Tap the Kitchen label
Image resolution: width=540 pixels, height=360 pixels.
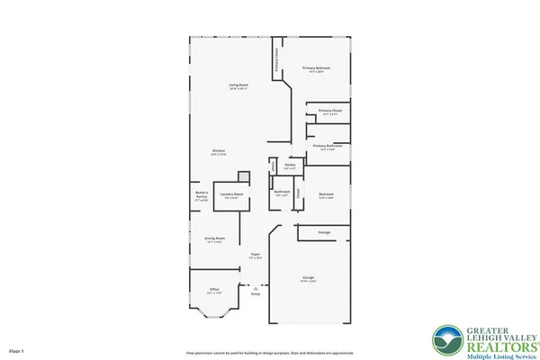coord(219,150)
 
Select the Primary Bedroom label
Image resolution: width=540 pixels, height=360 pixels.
coord(316,68)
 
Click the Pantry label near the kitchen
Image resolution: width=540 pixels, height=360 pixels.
coord(290,166)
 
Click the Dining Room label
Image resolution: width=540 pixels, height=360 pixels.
coord(214,238)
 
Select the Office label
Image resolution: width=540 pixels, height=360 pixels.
coord(213,289)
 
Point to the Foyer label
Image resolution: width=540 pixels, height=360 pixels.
coord(256,255)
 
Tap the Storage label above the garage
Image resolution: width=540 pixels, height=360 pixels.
coord(323,232)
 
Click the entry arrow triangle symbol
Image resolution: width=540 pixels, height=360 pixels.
coord(256,284)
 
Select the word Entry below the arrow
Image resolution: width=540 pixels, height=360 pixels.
coord(256,293)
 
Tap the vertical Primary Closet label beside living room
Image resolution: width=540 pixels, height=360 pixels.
coord(276,61)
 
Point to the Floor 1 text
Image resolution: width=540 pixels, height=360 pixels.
coord(16,349)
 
